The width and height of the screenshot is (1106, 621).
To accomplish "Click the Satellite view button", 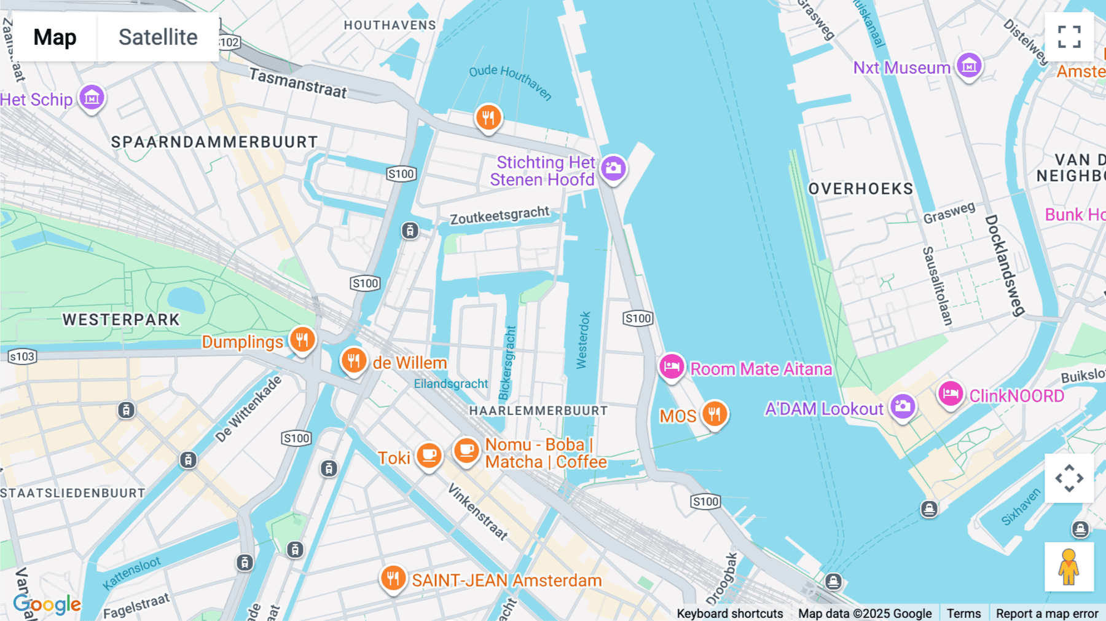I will click(x=158, y=38).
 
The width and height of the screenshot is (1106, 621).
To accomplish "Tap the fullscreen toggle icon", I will click(x=1069, y=37).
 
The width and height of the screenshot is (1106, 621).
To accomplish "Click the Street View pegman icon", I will click(x=1069, y=567).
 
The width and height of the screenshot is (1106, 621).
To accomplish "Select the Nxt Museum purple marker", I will click(x=968, y=65).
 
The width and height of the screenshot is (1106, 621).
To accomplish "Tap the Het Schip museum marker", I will click(x=92, y=97).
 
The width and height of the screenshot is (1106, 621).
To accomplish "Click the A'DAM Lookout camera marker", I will click(x=902, y=406).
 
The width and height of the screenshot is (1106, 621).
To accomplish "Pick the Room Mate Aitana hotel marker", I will click(x=672, y=367).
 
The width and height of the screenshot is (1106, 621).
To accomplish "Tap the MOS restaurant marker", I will click(x=714, y=414).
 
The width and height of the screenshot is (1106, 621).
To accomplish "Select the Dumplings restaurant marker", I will click(x=302, y=339).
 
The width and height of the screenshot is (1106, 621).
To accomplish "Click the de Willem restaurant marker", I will click(x=354, y=361).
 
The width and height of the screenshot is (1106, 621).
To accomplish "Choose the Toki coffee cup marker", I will click(x=429, y=456).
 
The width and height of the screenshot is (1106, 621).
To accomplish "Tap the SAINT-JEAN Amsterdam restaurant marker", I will click(x=393, y=579).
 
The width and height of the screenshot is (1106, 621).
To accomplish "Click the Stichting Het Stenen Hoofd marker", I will click(x=613, y=168).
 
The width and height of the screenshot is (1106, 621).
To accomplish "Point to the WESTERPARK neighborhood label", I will click(x=121, y=320).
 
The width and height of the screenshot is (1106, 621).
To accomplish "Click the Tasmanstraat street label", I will click(x=298, y=84).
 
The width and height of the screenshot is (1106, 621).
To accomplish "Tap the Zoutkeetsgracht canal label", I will click(x=500, y=216).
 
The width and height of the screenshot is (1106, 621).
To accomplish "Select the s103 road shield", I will click(x=22, y=357).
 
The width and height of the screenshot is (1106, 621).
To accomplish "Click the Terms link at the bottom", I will click(x=963, y=613).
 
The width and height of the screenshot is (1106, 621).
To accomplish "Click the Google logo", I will click(x=47, y=604).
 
